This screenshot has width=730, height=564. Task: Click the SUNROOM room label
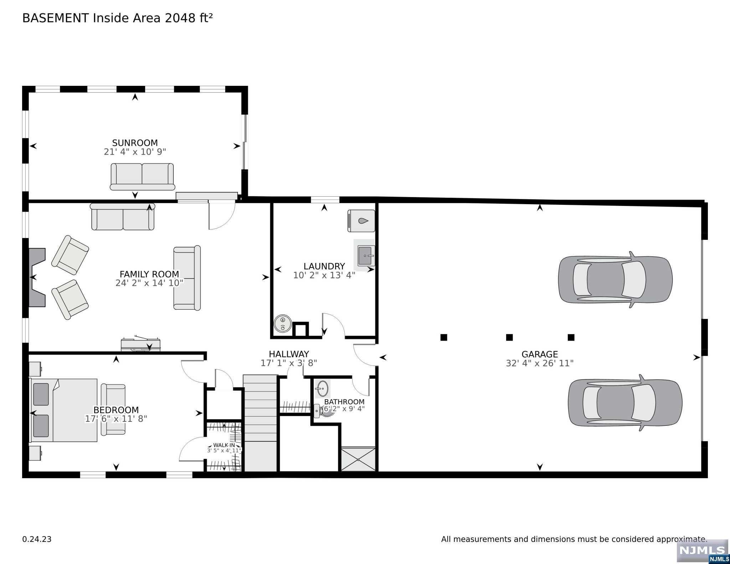tap(135, 143)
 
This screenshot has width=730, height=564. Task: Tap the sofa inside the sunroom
tap(142, 177)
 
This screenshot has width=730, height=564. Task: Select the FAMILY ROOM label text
tap(149, 274)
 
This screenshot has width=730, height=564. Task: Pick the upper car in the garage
tap(615, 280)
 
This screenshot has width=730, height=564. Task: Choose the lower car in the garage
tap(625, 403)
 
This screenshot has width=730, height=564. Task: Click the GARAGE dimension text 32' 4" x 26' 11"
tap(540, 363)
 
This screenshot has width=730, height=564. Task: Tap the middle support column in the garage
tap(509, 337)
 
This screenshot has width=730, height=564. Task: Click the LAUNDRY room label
tap(324, 267)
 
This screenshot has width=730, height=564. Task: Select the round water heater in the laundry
tap(283, 324)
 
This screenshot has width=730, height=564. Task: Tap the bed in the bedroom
tap(64, 410)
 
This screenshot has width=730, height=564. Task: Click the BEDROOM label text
tap(116, 410)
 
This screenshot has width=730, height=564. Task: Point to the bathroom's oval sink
tap(323, 389)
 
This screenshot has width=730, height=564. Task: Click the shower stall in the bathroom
tap(358, 459)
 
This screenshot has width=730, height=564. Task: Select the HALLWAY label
tap(289, 354)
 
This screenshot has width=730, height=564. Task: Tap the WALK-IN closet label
tap(224, 445)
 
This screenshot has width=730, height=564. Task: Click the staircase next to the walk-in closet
tap(260, 423)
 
